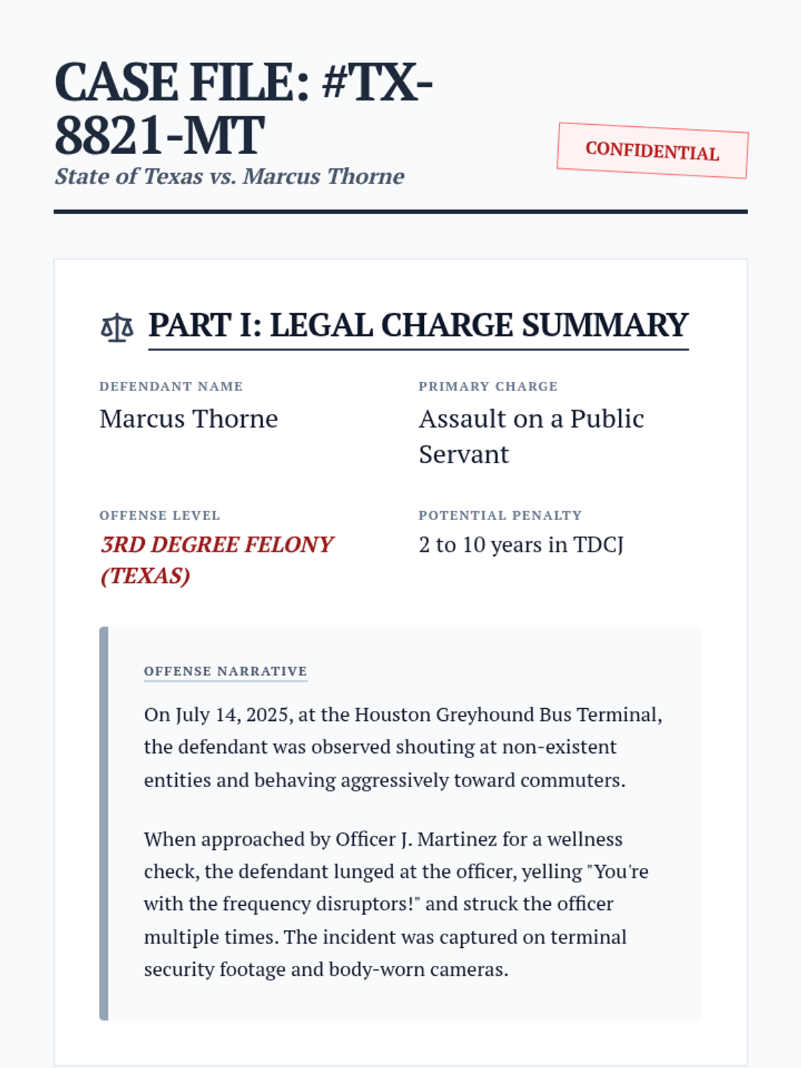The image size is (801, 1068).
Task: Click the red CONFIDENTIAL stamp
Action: [x=652, y=150]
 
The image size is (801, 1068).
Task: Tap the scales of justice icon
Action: [x=117, y=327]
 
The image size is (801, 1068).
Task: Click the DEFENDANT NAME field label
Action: [x=171, y=386]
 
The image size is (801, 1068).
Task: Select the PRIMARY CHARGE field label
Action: [x=488, y=386]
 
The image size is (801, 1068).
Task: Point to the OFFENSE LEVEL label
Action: [x=160, y=515]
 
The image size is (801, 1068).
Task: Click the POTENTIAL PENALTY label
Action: [x=500, y=515]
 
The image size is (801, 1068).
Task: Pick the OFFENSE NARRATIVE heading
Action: [x=226, y=671]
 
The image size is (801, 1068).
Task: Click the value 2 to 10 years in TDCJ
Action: [x=521, y=545]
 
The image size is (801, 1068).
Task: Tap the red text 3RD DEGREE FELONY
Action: [x=217, y=545]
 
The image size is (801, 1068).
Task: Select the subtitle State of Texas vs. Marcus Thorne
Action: [x=230, y=176]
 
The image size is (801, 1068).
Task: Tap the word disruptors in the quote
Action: [x=364, y=904]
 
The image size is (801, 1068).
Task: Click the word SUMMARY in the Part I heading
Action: [x=605, y=326]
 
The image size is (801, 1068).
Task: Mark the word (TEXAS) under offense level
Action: [x=146, y=575]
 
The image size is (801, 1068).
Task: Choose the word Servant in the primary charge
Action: [x=464, y=455]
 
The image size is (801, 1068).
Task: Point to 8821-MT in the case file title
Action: [x=160, y=136]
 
